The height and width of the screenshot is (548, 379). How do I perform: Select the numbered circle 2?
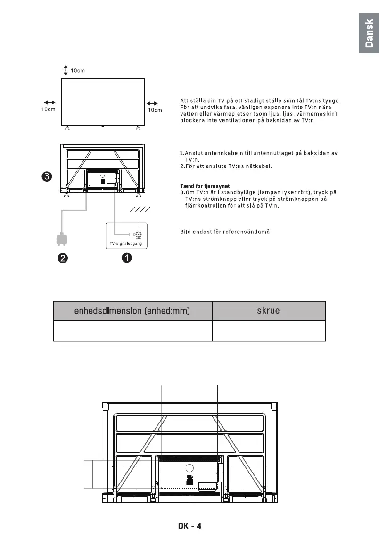pos(62,258)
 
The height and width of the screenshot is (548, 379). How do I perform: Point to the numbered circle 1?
pos(127,258)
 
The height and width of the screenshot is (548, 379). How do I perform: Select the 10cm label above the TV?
pos(78,71)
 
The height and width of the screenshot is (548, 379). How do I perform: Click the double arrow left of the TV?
pos(49,102)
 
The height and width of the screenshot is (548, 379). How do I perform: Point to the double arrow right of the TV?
pos(152,103)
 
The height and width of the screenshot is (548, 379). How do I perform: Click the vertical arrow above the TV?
pos(66,70)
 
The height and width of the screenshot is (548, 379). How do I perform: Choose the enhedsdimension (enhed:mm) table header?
pos(132,311)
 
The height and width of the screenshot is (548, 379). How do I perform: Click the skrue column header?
pos(268,311)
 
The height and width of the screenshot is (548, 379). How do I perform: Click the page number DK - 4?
pos(189,526)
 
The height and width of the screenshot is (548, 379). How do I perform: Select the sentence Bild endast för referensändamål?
pos(226,231)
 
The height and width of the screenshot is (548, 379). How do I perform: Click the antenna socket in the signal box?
pos(139,235)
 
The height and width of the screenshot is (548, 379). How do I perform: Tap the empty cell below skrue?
pos(268,331)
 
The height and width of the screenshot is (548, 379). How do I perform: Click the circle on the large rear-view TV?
pos(189,468)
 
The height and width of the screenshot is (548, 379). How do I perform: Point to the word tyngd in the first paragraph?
pos(330,100)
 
